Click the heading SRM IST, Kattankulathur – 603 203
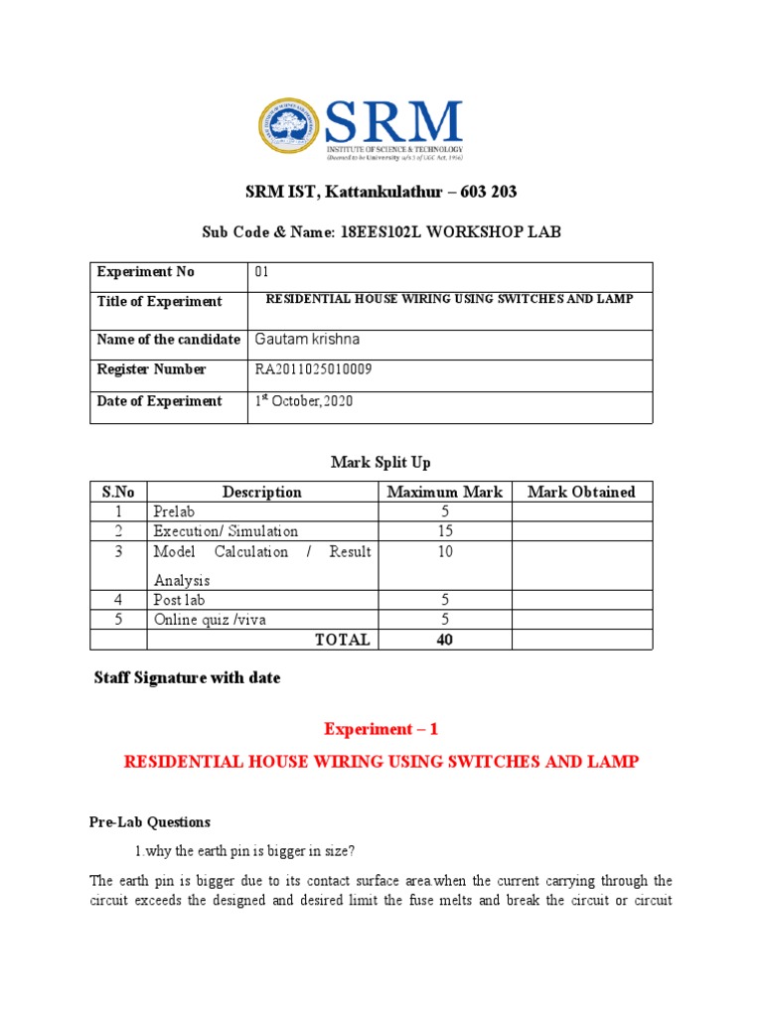pos(381,192)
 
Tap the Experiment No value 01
pos(262,272)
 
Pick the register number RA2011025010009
pos(314,369)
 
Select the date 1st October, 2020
pos(304,401)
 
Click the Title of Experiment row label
pos(159,302)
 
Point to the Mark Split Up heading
pos(381,462)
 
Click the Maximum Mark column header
pos(444,492)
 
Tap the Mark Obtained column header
pos(581,492)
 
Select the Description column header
pos(262,492)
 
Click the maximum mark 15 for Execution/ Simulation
pos(444,531)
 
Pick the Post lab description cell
pos(180,600)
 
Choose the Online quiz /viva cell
pos(210,620)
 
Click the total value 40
pos(444,640)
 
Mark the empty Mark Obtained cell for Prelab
pos(581,511)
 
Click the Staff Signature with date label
pos(187,678)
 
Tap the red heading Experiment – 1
pos(381,729)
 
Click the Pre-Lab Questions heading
pos(150,822)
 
